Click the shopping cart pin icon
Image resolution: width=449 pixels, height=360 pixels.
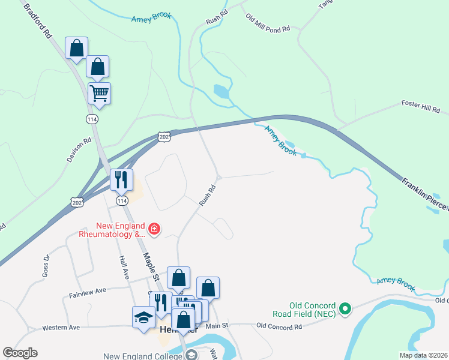point(99,93)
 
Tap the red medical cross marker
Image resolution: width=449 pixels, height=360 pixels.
point(154,229)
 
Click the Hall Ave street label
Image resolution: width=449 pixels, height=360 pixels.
point(124,267)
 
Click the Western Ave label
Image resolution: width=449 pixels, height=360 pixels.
point(61,328)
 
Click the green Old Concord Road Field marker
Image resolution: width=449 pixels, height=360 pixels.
point(345,310)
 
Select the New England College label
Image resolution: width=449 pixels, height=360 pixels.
point(142,356)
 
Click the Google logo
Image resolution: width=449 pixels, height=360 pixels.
point(20,353)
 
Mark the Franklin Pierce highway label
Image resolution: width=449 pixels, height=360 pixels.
point(424,193)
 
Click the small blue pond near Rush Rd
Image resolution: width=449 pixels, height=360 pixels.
point(221,92)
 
